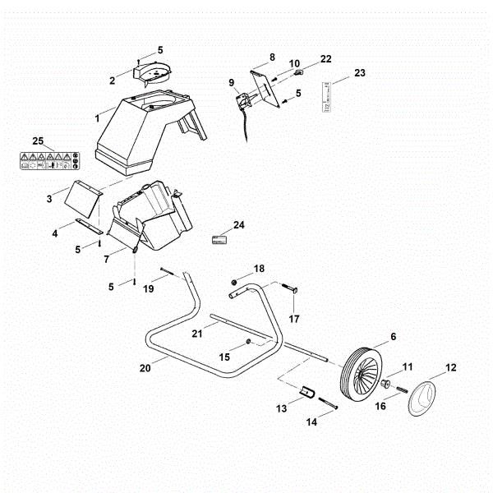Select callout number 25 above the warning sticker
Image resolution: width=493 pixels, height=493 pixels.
point(38,141)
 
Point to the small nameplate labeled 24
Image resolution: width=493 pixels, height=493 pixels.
point(219,238)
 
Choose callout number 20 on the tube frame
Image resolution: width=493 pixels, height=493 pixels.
point(145,368)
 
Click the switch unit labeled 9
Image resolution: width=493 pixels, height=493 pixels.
point(244,102)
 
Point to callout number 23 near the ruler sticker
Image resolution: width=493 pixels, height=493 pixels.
point(359,73)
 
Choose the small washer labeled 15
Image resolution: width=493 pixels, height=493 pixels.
point(249,341)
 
